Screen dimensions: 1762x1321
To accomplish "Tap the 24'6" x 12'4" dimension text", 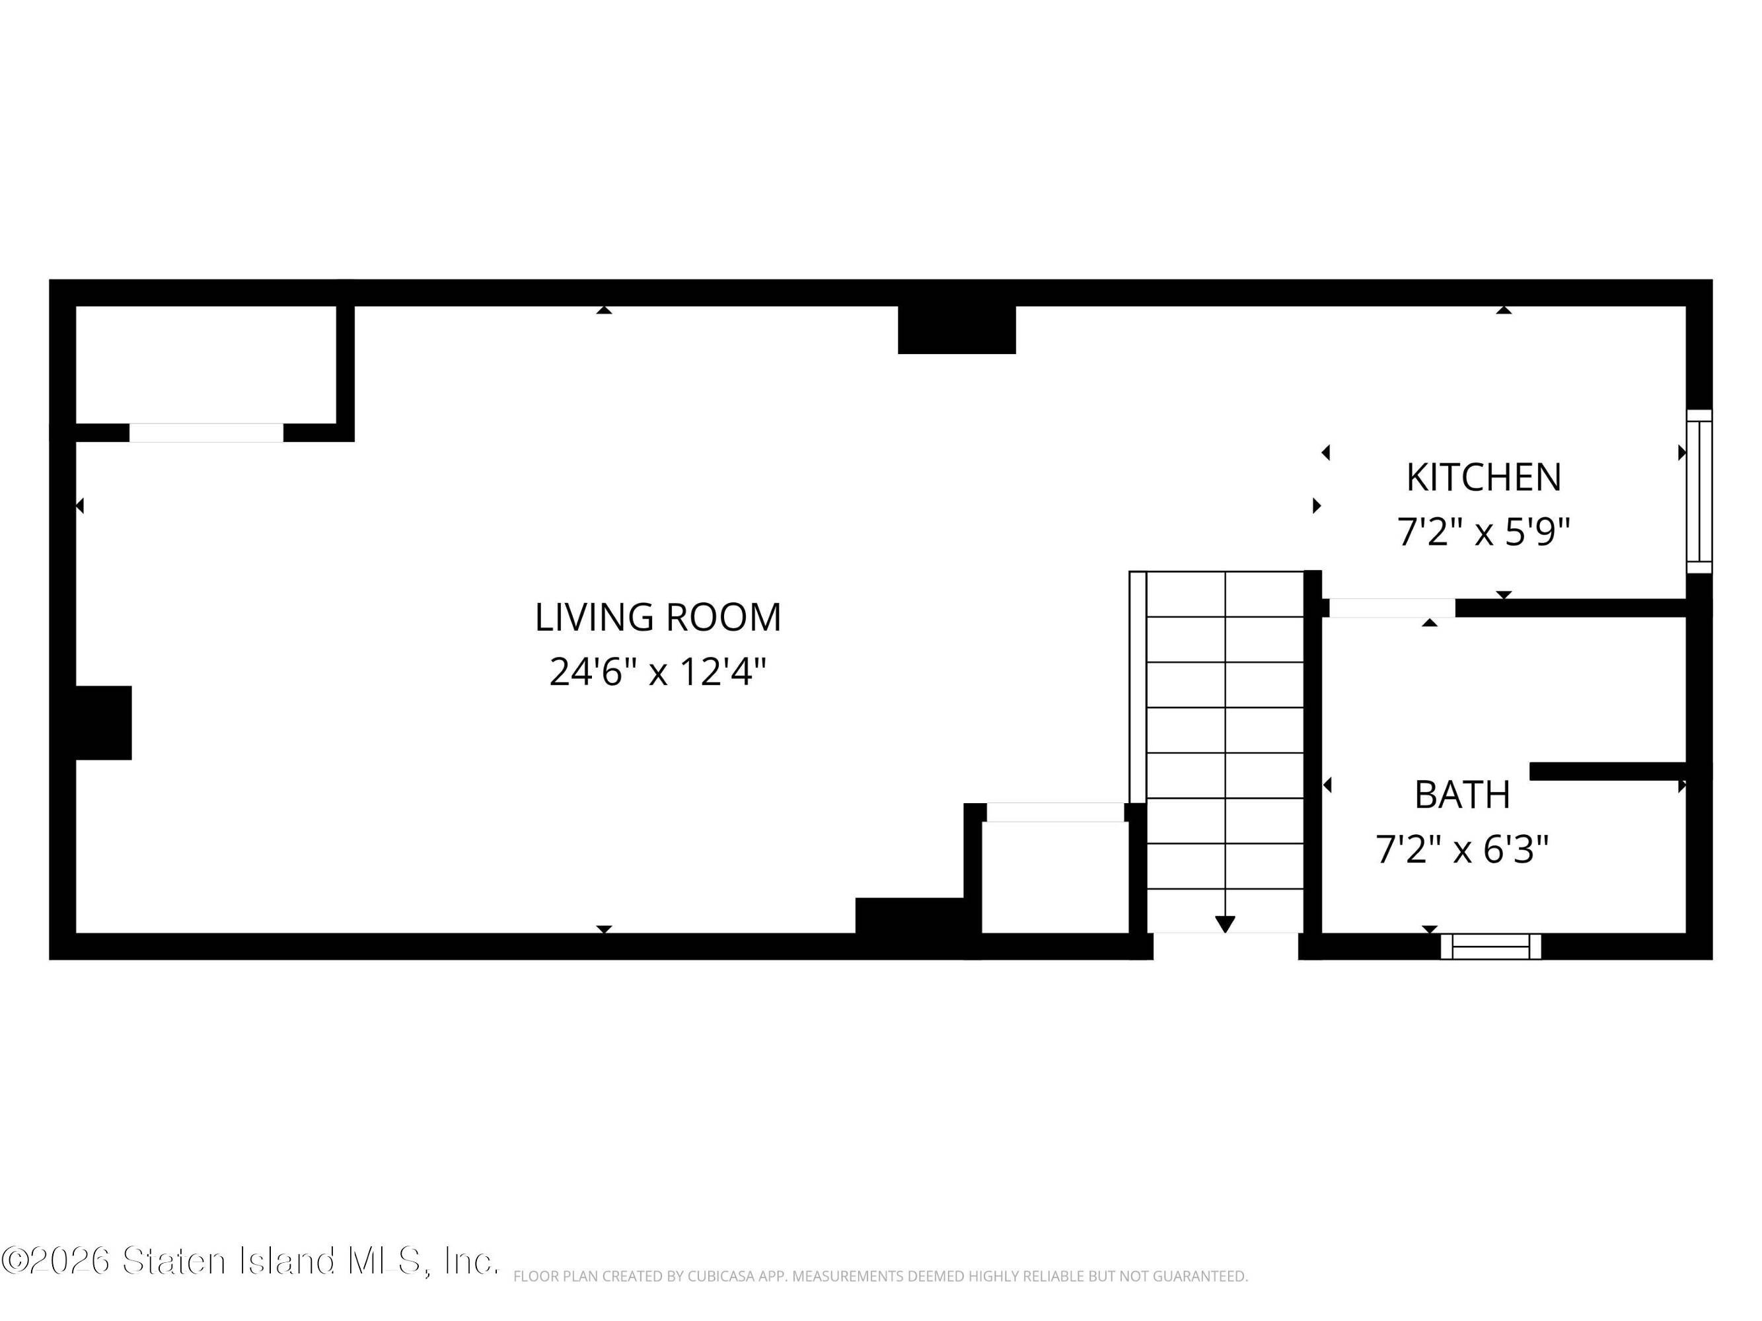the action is (x=658, y=672).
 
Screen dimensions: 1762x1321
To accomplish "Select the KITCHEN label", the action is (x=1483, y=478).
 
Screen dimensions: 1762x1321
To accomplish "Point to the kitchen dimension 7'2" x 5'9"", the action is (x=1483, y=531).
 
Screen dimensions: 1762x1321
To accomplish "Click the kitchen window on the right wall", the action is (x=1699, y=491).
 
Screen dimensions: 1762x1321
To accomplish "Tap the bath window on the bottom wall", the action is (x=1490, y=946).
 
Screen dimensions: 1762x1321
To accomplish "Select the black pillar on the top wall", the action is (x=957, y=330).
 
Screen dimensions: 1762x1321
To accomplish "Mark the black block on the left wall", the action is (x=104, y=722).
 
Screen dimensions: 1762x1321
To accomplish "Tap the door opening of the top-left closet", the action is (x=206, y=433).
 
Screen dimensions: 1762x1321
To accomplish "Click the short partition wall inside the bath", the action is (x=1607, y=771).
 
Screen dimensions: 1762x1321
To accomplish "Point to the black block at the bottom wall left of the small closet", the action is (x=910, y=915).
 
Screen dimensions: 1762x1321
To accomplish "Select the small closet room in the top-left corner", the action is (x=205, y=364).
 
